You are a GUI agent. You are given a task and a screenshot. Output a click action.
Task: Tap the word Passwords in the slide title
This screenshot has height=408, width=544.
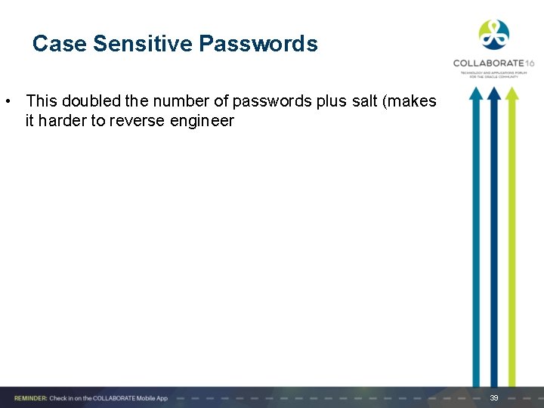258,44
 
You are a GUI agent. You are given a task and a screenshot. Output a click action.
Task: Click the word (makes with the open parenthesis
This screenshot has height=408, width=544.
413,100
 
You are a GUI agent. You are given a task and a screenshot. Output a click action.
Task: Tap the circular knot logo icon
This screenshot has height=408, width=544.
493,35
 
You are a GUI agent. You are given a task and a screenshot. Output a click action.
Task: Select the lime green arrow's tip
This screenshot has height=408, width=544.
512,92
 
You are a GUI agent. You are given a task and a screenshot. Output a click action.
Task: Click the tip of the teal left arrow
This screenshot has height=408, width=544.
476,92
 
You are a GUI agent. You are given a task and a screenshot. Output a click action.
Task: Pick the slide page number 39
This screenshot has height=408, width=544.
494,397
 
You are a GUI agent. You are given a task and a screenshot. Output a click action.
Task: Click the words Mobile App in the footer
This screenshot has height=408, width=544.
152,398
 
